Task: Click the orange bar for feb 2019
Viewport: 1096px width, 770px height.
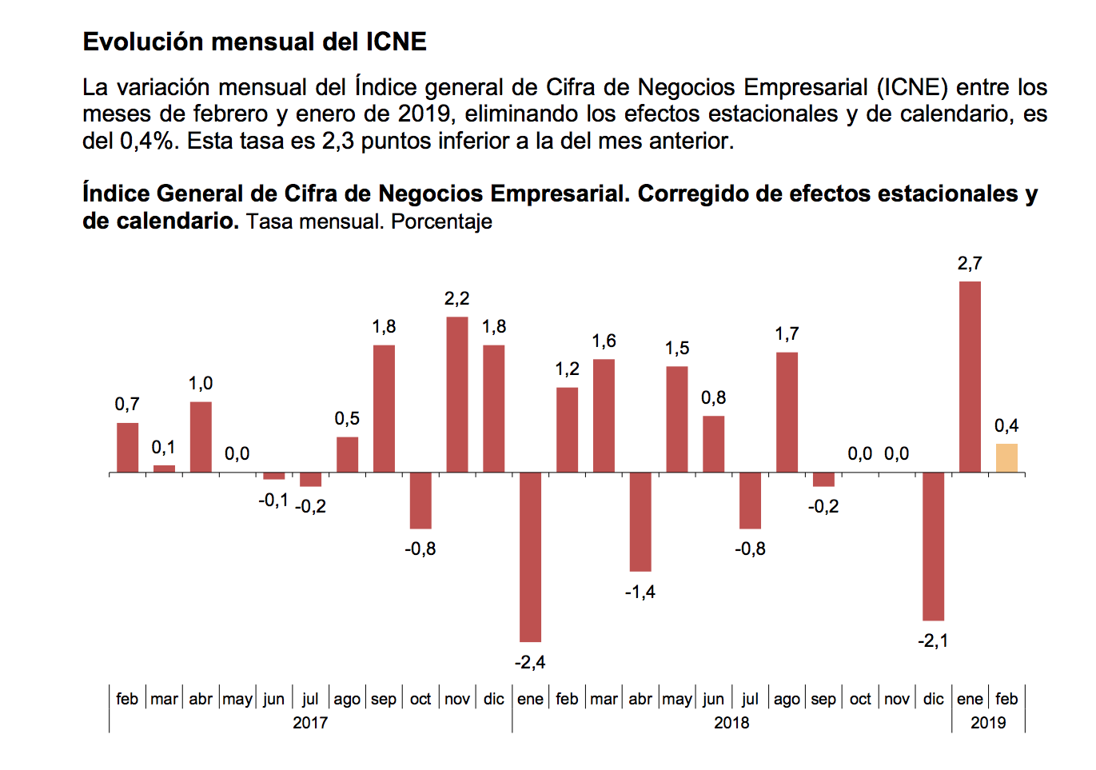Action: click(x=1006, y=458)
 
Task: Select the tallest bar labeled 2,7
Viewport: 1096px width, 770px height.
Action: click(x=970, y=377)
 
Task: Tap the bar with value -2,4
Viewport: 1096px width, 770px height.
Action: click(x=530, y=557)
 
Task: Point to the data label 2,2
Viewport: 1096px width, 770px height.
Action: click(x=456, y=299)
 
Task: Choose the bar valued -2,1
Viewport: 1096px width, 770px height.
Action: click(x=933, y=546)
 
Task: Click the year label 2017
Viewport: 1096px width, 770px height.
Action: click(x=310, y=723)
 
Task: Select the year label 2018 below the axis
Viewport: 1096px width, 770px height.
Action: click(x=731, y=723)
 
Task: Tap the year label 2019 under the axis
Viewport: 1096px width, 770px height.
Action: click(x=988, y=723)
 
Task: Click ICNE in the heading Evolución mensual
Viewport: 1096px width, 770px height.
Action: click(x=396, y=42)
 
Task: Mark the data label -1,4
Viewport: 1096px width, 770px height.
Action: click(x=640, y=592)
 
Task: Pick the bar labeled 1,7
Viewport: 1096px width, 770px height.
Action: click(x=787, y=412)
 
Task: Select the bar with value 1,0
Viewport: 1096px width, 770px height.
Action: click(x=201, y=437)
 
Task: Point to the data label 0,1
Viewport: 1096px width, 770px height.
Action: click(x=164, y=448)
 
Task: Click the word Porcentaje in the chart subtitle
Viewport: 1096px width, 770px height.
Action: click(x=441, y=221)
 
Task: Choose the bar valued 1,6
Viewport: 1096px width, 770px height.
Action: click(x=604, y=416)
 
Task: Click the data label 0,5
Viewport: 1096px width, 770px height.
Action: click(x=347, y=419)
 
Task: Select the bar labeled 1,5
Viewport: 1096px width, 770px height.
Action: click(x=677, y=419)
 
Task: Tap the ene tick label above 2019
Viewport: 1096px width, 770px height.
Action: click(x=970, y=699)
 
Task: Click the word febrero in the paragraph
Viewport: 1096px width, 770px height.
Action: click(x=231, y=114)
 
